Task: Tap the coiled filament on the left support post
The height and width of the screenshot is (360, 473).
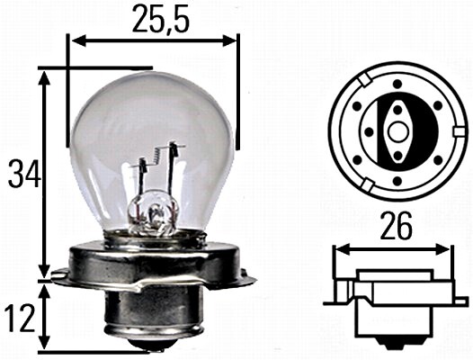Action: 141,166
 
